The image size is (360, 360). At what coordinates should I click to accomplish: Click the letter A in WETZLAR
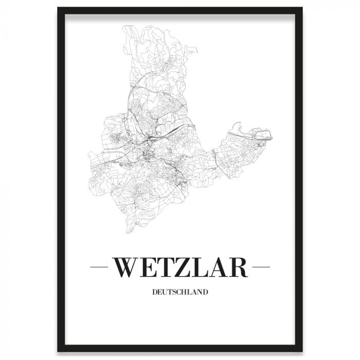point(220,267)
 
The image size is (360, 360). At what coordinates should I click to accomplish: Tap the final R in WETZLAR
point(239,267)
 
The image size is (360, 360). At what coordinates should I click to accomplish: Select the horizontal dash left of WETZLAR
point(99,268)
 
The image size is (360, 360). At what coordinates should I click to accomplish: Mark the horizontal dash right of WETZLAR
point(261,268)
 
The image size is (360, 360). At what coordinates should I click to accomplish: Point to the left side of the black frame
point(60,180)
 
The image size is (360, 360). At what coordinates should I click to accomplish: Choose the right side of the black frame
point(300,180)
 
